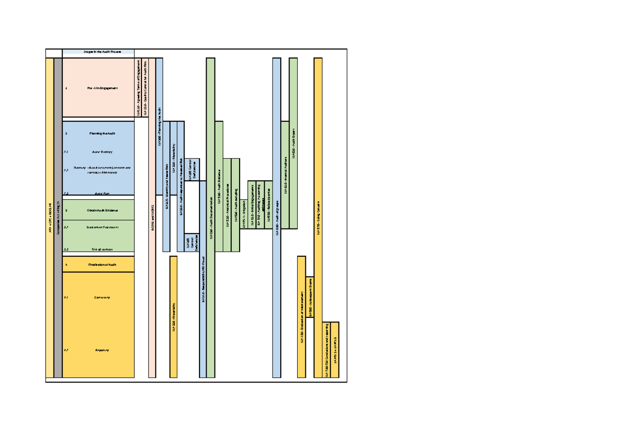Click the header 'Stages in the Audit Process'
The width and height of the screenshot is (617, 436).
coord(98,52)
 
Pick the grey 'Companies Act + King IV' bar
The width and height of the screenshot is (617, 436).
coord(58,218)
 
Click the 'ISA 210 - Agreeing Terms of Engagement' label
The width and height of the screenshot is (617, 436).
coord(138,88)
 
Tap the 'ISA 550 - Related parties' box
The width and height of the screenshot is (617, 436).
coord(268,205)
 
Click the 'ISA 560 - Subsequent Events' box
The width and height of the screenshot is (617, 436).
coord(310,296)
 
